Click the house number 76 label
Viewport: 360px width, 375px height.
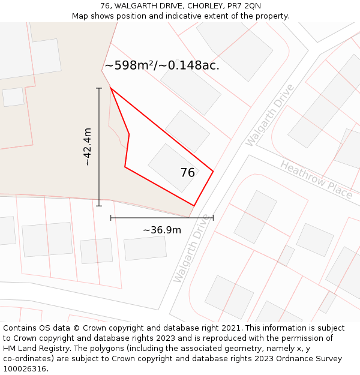pyautogui.click(x=187, y=173)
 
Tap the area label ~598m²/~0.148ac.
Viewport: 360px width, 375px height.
pyautogui.click(x=162, y=65)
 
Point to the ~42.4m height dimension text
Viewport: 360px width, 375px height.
pyautogui.click(x=88, y=147)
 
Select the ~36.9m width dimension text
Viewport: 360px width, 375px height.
pyautogui.click(x=161, y=230)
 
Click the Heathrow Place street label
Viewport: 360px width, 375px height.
pyautogui.click(x=316, y=179)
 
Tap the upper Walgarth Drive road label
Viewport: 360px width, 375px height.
pyautogui.click(x=270, y=115)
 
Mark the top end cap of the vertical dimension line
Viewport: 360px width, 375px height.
pyautogui.click(x=99, y=88)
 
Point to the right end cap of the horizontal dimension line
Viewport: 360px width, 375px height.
pyautogui.click(x=213, y=218)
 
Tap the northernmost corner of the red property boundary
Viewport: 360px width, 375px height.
pyautogui.click(x=110, y=88)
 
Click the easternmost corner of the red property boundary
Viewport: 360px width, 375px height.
pyautogui.click(x=213, y=172)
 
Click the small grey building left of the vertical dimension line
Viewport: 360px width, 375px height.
pyautogui.click(x=13, y=97)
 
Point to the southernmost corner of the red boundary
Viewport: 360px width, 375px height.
pyautogui.click(x=194, y=206)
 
